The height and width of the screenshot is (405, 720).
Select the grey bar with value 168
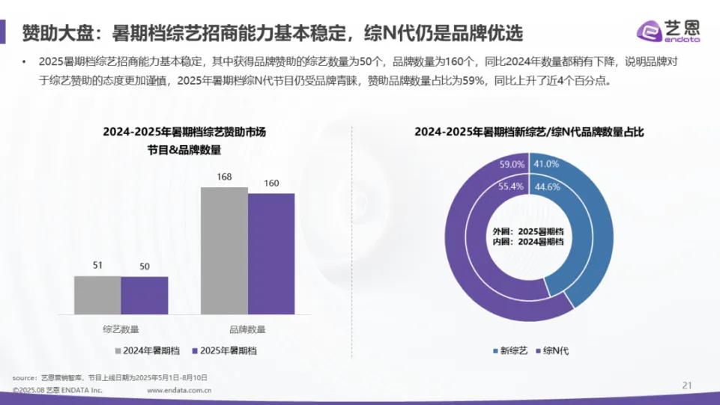tap(224, 250)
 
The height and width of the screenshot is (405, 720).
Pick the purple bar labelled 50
tap(145, 295)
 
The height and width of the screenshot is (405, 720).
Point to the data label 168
tap(224, 177)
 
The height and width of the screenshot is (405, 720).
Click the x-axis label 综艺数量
tap(121, 328)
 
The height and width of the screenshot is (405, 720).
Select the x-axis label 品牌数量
tap(247, 328)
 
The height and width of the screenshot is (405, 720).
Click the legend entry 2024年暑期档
tap(148, 350)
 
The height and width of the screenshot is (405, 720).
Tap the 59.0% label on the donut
tap(512, 164)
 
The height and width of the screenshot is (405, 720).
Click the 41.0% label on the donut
tap(546, 164)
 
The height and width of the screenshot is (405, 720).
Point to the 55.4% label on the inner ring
tap(511, 187)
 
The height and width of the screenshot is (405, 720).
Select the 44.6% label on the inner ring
tap(546, 187)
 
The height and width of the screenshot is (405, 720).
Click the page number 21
tap(686, 385)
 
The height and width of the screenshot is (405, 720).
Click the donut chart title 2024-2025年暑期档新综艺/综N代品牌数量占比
tap(530, 132)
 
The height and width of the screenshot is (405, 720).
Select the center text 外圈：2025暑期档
tap(528, 231)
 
